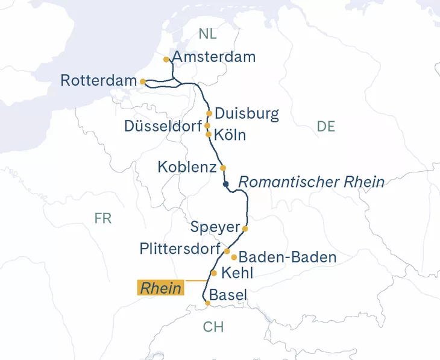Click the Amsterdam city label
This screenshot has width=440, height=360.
(214, 57)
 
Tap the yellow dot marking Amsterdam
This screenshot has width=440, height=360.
(166, 60)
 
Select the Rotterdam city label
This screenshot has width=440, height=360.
(99, 80)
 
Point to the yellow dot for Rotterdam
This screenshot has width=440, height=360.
(142, 81)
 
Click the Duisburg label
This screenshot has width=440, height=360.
(247, 113)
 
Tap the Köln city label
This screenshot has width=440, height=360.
(230, 135)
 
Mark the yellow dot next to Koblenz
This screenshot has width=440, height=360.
(223, 168)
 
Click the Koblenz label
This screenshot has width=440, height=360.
(187, 167)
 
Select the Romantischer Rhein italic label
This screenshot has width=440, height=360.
(312, 182)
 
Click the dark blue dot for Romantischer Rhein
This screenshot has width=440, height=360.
(226, 184)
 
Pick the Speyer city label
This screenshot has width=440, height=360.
(215, 228)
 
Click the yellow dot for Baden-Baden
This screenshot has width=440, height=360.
(234, 257)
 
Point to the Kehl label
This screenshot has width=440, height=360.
(237, 273)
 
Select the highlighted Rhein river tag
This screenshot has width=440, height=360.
(161, 288)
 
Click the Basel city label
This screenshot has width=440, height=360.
(228, 295)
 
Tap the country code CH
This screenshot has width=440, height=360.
(213, 327)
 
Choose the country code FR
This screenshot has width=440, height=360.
(103, 218)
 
